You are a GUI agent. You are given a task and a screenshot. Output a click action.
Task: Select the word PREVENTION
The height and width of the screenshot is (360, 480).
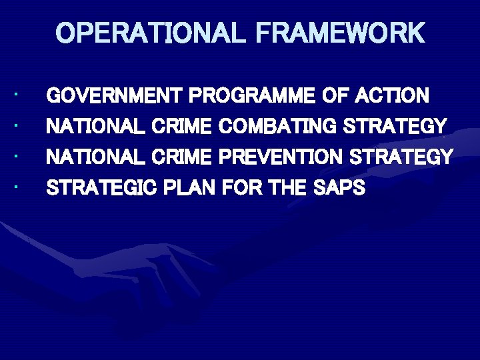[281, 157]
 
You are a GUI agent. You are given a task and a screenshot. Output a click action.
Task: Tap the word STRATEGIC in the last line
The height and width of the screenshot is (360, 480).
[101, 188]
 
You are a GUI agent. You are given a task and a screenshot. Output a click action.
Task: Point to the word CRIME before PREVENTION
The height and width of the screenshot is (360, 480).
[182, 157]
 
